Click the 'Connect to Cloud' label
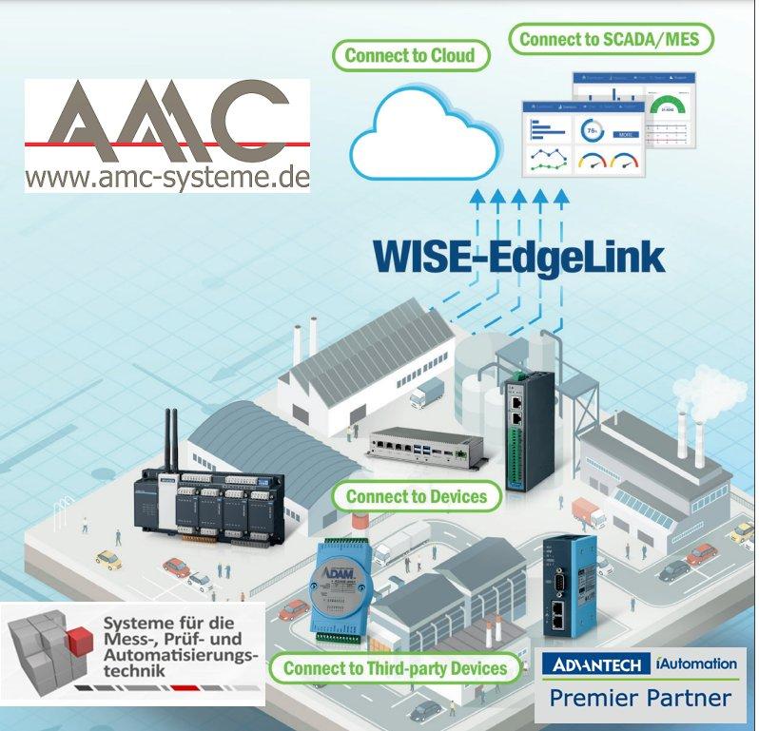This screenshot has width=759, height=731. tap(409, 55)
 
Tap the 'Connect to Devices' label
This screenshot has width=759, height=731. tap(417, 496)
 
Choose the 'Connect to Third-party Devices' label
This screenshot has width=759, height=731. tap(395, 668)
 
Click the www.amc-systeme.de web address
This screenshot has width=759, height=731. tap(167, 177)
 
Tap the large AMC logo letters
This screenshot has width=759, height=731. tap(167, 122)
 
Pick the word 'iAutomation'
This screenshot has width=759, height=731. tap(695, 662)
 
